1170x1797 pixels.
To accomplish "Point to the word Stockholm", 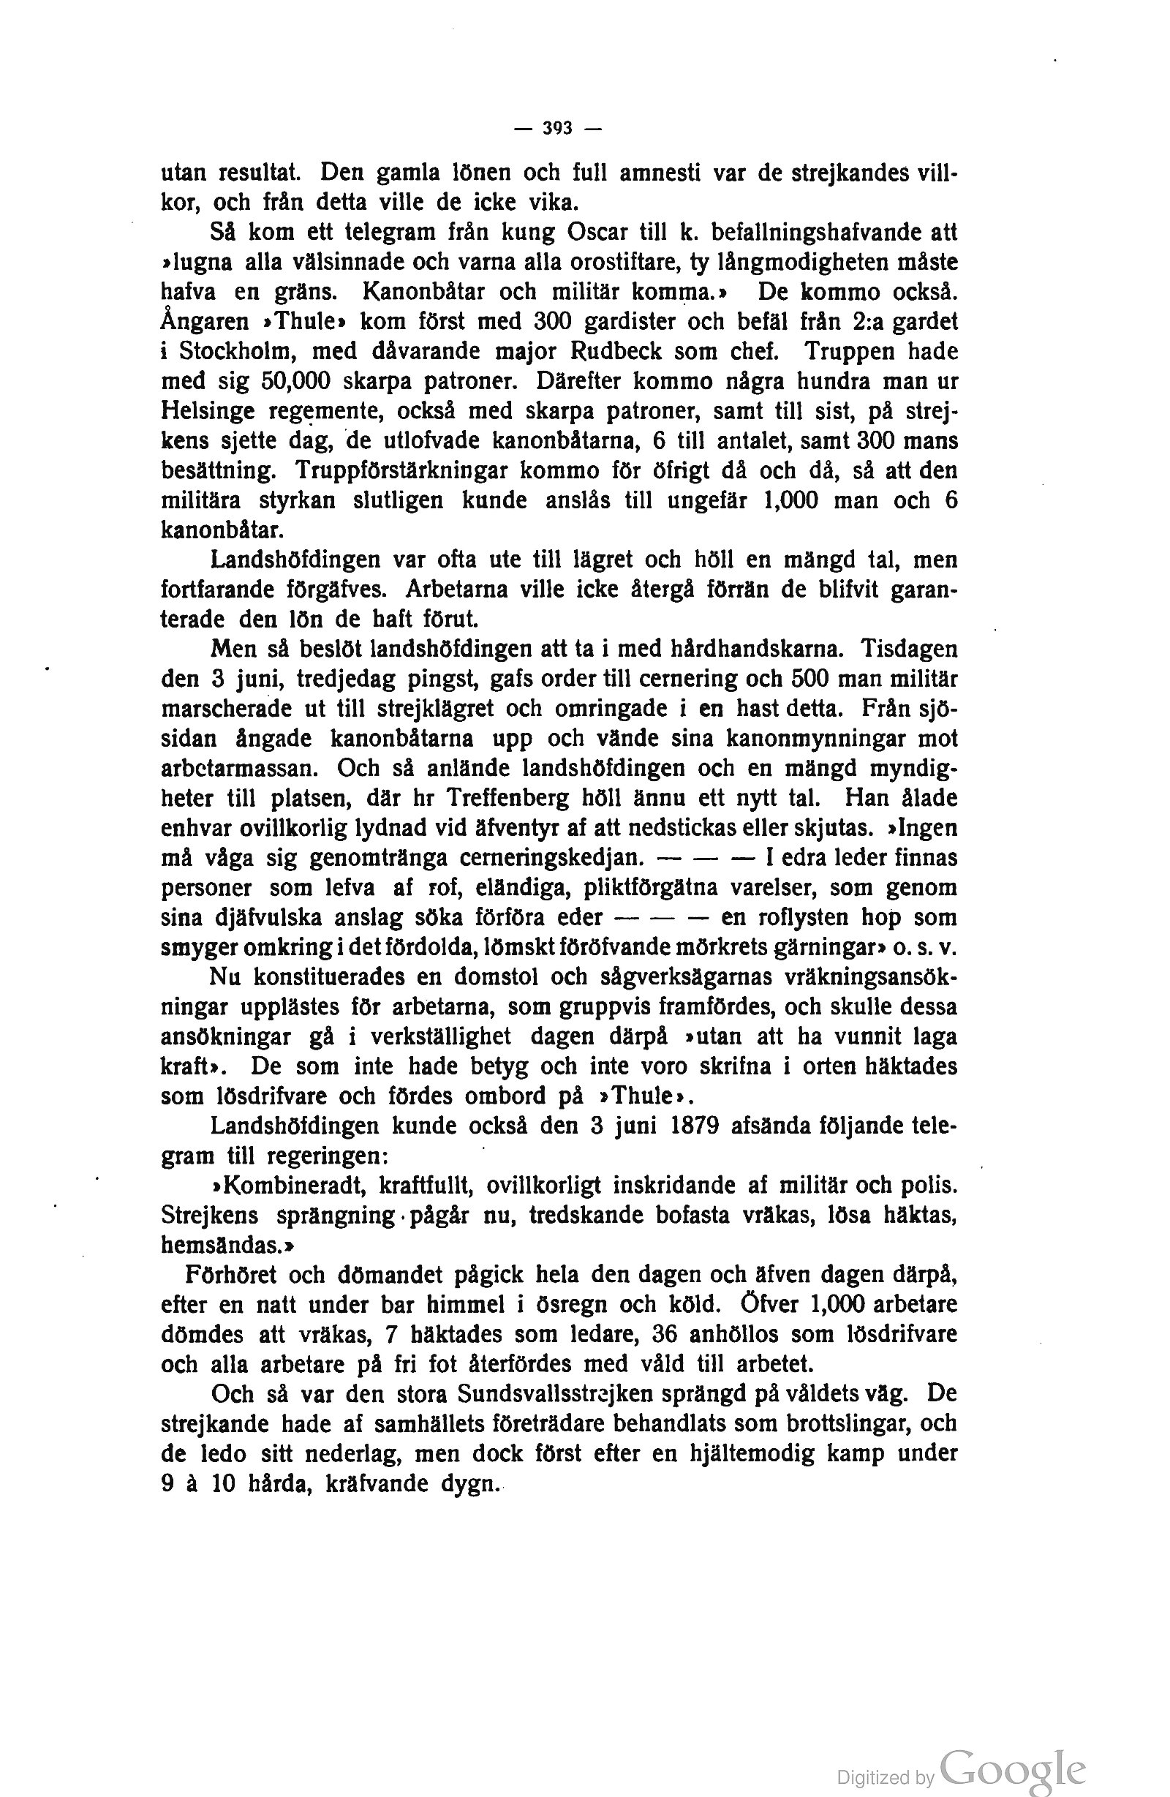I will (238, 351).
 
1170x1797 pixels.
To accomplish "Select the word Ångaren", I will (205, 322).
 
